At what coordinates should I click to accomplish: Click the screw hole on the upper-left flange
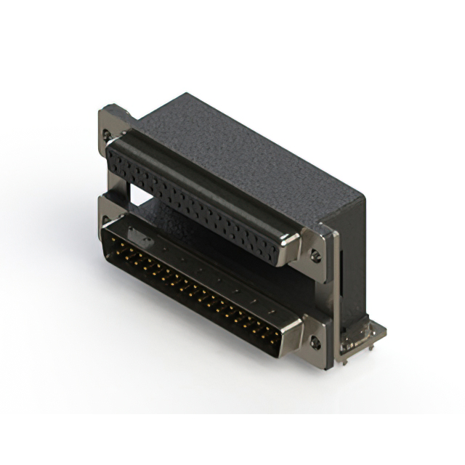[108, 135]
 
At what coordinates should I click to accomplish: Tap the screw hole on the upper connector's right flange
[315, 255]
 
